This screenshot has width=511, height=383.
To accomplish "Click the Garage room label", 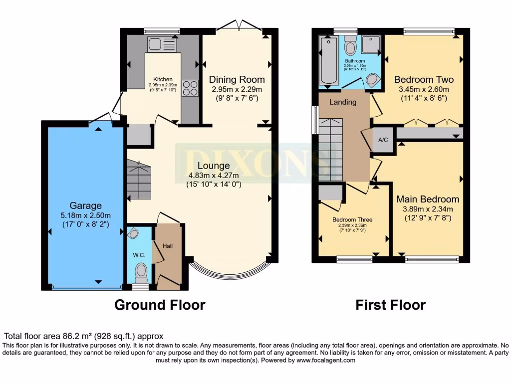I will pyautogui.click(x=85, y=205).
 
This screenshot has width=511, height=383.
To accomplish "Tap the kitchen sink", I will pyautogui.click(x=159, y=45).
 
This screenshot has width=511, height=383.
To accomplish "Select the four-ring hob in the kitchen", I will pyautogui.click(x=190, y=88).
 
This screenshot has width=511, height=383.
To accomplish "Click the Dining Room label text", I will pyautogui.click(x=237, y=80).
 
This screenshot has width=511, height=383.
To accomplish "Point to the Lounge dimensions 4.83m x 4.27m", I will pyautogui.click(x=214, y=176).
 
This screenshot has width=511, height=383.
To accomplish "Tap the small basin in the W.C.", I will pyautogui.click(x=133, y=234).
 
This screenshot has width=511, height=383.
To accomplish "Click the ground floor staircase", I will pyautogui.click(x=138, y=180).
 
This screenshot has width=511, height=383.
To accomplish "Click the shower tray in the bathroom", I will pyautogui.click(x=371, y=44).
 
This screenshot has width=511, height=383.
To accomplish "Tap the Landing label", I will pyautogui.click(x=343, y=102).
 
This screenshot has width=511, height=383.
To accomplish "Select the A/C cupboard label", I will pyautogui.click(x=383, y=140).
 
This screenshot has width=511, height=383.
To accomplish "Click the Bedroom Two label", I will pyautogui.click(x=424, y=80).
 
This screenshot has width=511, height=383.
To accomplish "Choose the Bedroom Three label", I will pyautogui.click(x=352, y=219).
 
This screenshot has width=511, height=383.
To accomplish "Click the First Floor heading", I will pyautogui.click(x=390, y=305).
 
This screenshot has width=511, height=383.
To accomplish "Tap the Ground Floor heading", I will pyautogui.click(x=160, y=305).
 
